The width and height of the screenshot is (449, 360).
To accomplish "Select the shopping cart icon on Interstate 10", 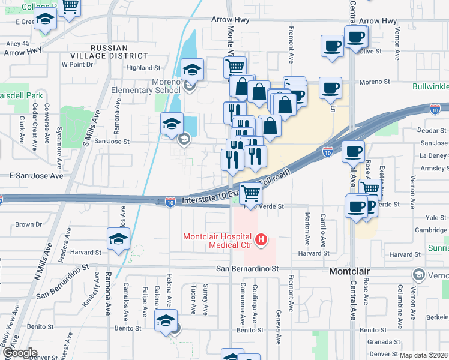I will click(x=250, y=193).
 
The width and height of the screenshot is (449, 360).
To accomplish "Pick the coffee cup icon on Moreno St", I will click(x=330, y=88).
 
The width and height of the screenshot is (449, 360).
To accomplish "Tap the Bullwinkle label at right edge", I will click(x=430, y=86).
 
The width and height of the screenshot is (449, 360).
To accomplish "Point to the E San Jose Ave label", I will click(x=36, y=176).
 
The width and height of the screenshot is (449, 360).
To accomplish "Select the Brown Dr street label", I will click(x=28, y=224).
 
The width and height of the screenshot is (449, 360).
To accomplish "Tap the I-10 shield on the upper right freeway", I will click(x=436, y=109).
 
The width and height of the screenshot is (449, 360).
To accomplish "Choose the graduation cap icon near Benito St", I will click(x=166, y=320).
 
